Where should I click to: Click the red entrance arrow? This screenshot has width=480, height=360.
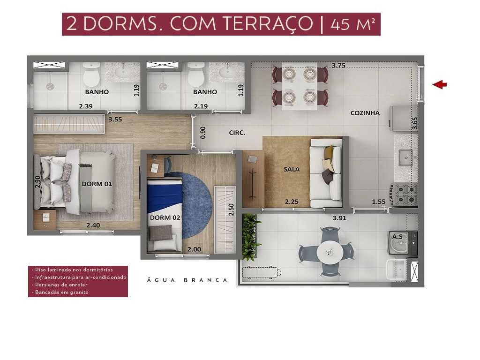pos(439,84)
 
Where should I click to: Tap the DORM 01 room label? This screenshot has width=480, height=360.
pos(97,184)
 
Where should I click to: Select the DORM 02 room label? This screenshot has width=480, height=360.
pos(165,217)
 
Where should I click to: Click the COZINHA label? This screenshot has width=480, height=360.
pos(365,113)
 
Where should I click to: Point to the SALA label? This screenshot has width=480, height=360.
pos(291,169)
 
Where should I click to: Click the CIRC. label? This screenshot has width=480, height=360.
pos(237,133)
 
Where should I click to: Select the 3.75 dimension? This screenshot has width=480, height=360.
pos(338,66)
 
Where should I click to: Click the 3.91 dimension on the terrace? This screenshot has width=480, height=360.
pos(339,218)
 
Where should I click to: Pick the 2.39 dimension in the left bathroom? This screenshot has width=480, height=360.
pos(85,106)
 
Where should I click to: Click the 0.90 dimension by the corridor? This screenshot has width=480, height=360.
pos(203,133)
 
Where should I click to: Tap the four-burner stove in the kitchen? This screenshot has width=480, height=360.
pos(405,194)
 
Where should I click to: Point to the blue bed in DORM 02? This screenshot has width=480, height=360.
pos(164,202)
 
